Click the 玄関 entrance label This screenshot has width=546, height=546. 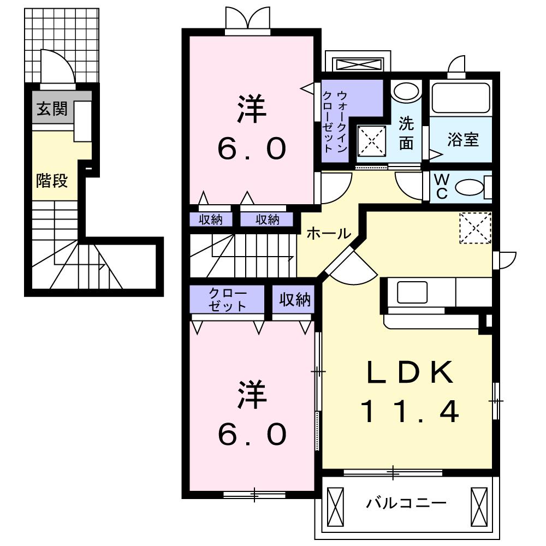pos(52,109)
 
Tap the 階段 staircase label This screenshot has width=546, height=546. pos(52,180)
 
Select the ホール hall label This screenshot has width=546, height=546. pos(328,234)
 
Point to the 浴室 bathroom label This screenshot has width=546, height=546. pos(463,140)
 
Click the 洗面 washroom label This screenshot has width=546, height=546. pos(406,133)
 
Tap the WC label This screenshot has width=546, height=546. pos(441,186)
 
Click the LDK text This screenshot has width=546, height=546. pos(410,373)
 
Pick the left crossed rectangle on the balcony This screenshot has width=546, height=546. pos(335,506)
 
